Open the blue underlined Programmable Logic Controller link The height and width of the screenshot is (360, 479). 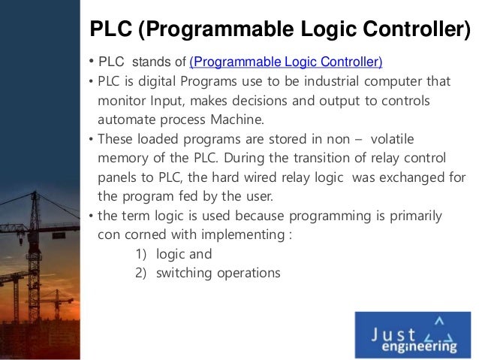pos(286,62)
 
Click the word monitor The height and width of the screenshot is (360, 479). pos(122,101)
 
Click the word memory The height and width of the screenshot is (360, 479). pos(124,159)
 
